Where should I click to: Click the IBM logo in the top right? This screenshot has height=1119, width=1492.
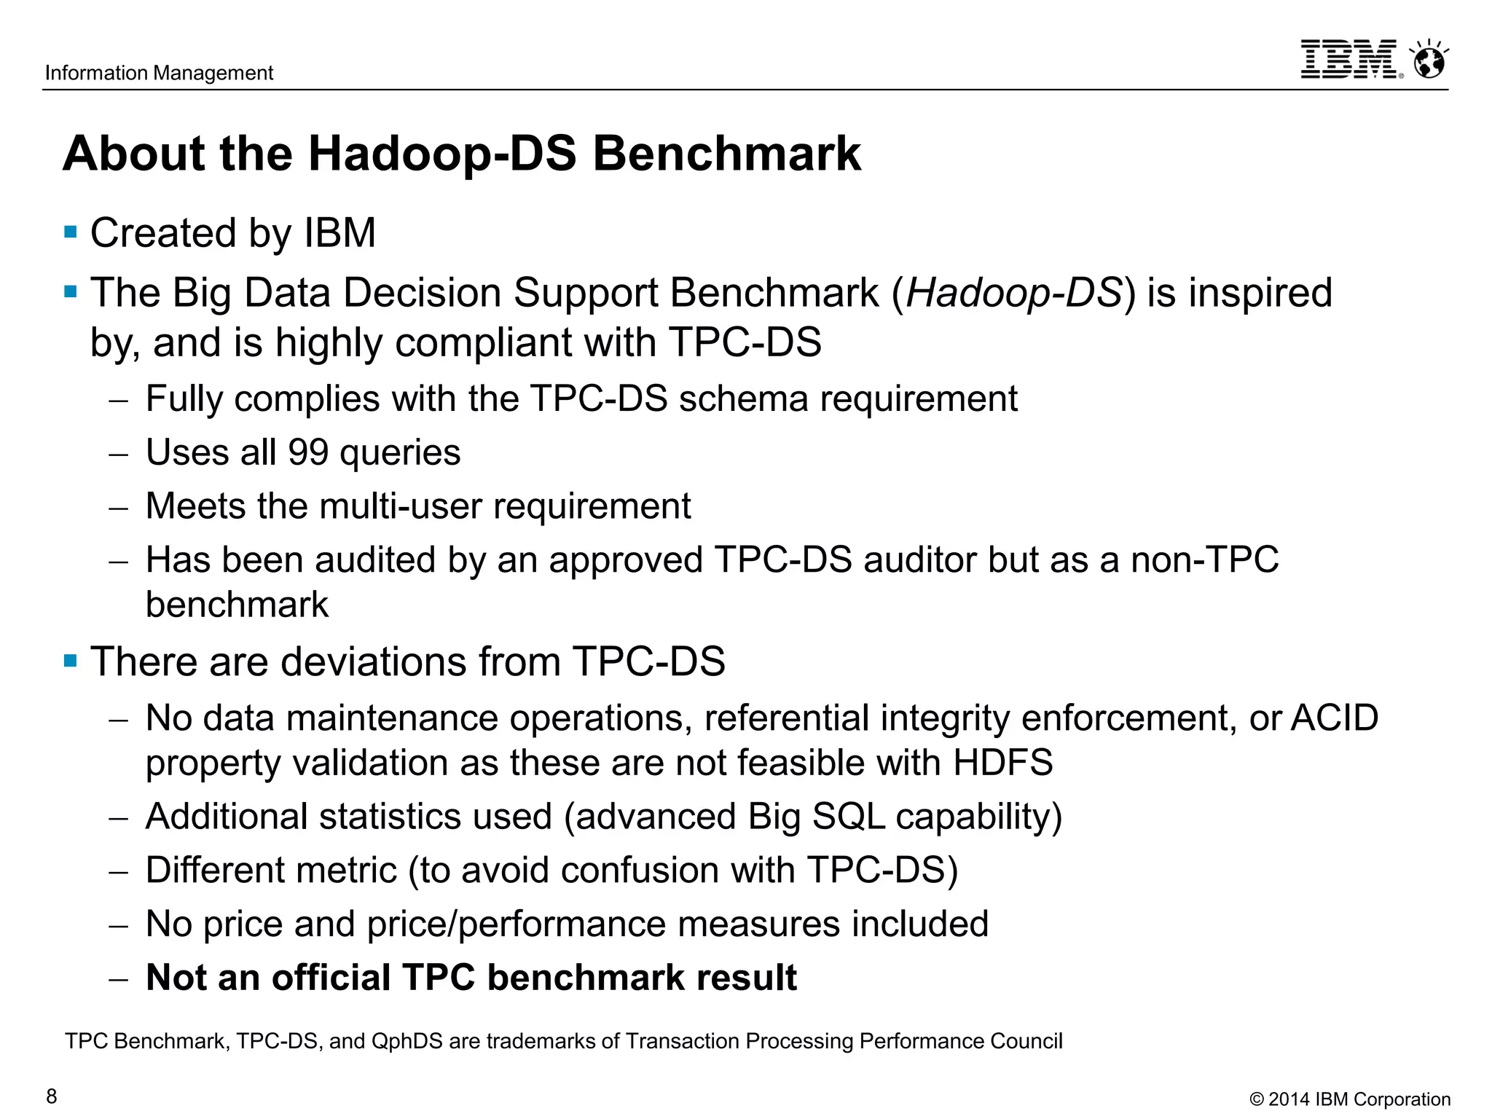pyautogui.click(x=1349, y=60)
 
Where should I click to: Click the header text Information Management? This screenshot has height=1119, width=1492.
pyautogui.click(x=159, y=73)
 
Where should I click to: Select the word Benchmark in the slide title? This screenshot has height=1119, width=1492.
pyautogui.click(x=726, y=154)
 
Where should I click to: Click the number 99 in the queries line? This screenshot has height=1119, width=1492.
pyautogui.click(x=308, y=452)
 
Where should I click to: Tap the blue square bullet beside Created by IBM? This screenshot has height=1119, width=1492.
pyautogui.click(x=71, y=232)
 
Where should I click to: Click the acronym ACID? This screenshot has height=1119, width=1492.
pyautogui.click(x=1335, y=718)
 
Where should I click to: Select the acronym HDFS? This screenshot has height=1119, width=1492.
pyautogui.click(x=1002, y=763)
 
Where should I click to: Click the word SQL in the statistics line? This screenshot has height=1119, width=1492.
pyautogui.click(x=848, y=817)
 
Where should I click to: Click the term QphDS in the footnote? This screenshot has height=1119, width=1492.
pyautogui.click(x=407, y=1041)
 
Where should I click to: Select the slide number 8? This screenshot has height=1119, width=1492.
pyautogui.click(x=52, y=1096)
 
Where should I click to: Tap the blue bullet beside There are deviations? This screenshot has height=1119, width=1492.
pyautogui.click(x=71, y=661)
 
